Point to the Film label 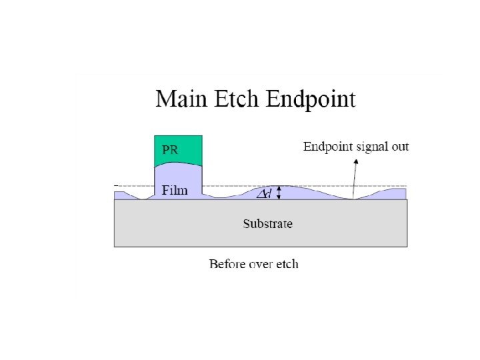[x=175, y=190]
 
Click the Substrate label [x=267, y=224]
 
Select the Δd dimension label [x=264, y=193]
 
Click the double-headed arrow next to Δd [x=280, y=193]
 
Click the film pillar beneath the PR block [x=179, y=179]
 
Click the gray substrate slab [x=200, y=230]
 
